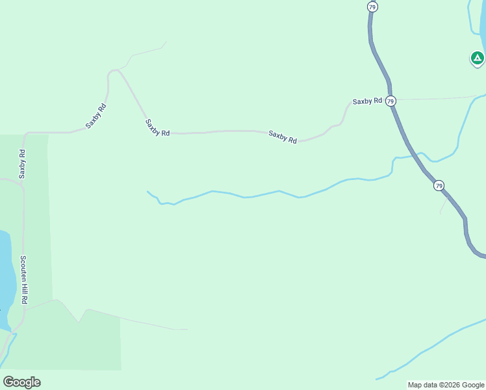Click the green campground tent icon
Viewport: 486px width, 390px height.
point(477,58)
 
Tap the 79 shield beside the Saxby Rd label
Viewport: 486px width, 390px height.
point(390,101)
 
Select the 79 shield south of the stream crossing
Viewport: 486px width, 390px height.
point(439,186)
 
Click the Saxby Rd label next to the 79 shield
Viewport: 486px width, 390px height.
point(367,101)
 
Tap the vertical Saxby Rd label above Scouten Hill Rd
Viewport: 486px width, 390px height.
point(22,164)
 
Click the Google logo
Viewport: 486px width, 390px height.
point(21,382)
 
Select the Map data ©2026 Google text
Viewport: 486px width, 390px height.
point(445,385)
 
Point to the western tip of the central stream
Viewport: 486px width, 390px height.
point(148,191)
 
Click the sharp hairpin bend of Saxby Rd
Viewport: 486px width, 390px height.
point(114,70)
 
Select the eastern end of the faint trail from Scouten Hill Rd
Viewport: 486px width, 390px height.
point(187,330)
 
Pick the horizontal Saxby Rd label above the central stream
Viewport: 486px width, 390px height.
point(283,136)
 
